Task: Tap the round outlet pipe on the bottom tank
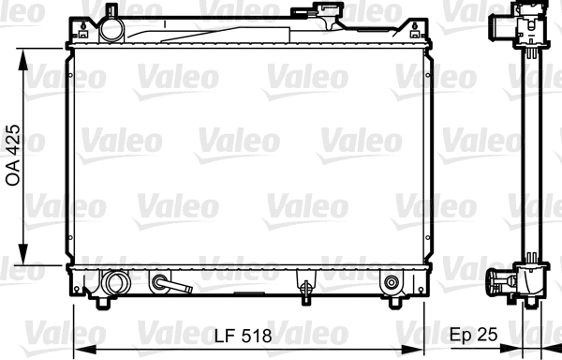tap(116, 281)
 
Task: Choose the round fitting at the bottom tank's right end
tap(391, 280)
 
